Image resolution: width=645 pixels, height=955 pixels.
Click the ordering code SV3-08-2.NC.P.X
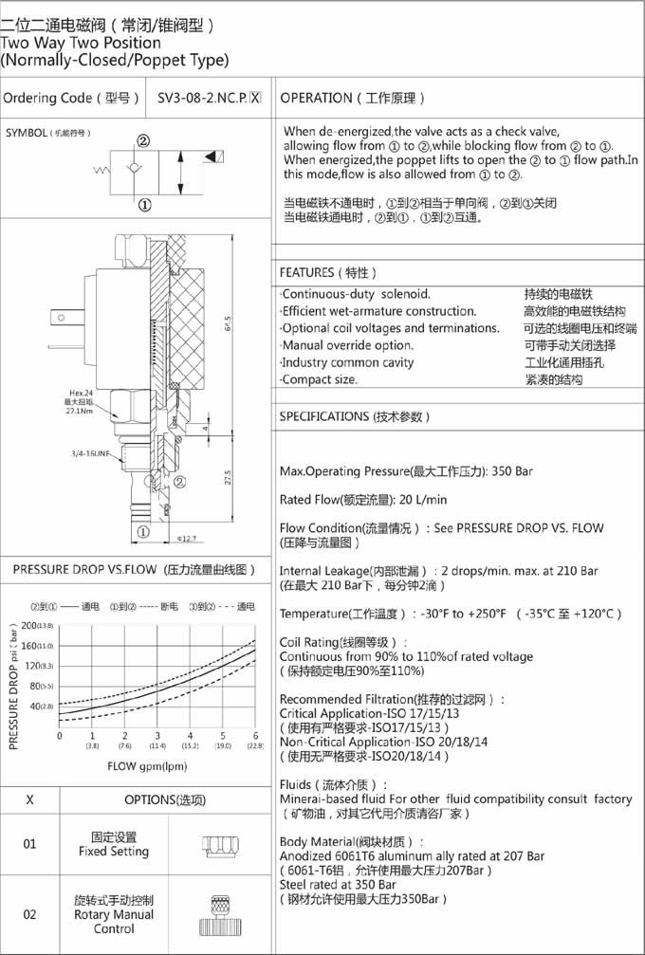click(209, 98)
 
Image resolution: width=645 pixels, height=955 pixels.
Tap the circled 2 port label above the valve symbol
click(144, 141)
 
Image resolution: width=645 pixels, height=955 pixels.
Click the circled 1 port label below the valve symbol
click(144, 204)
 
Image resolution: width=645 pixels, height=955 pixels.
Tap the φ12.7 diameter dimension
click(186, 540)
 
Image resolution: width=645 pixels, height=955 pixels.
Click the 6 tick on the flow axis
click(256, 736)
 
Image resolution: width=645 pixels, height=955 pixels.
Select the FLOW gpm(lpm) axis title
click(147, 766)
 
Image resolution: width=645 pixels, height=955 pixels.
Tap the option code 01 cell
click(29, 844)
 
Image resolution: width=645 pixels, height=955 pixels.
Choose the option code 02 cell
click(29, 914)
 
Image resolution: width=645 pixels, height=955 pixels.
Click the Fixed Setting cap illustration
click(217, 846)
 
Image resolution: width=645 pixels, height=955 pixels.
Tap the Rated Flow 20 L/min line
click(363, 500)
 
